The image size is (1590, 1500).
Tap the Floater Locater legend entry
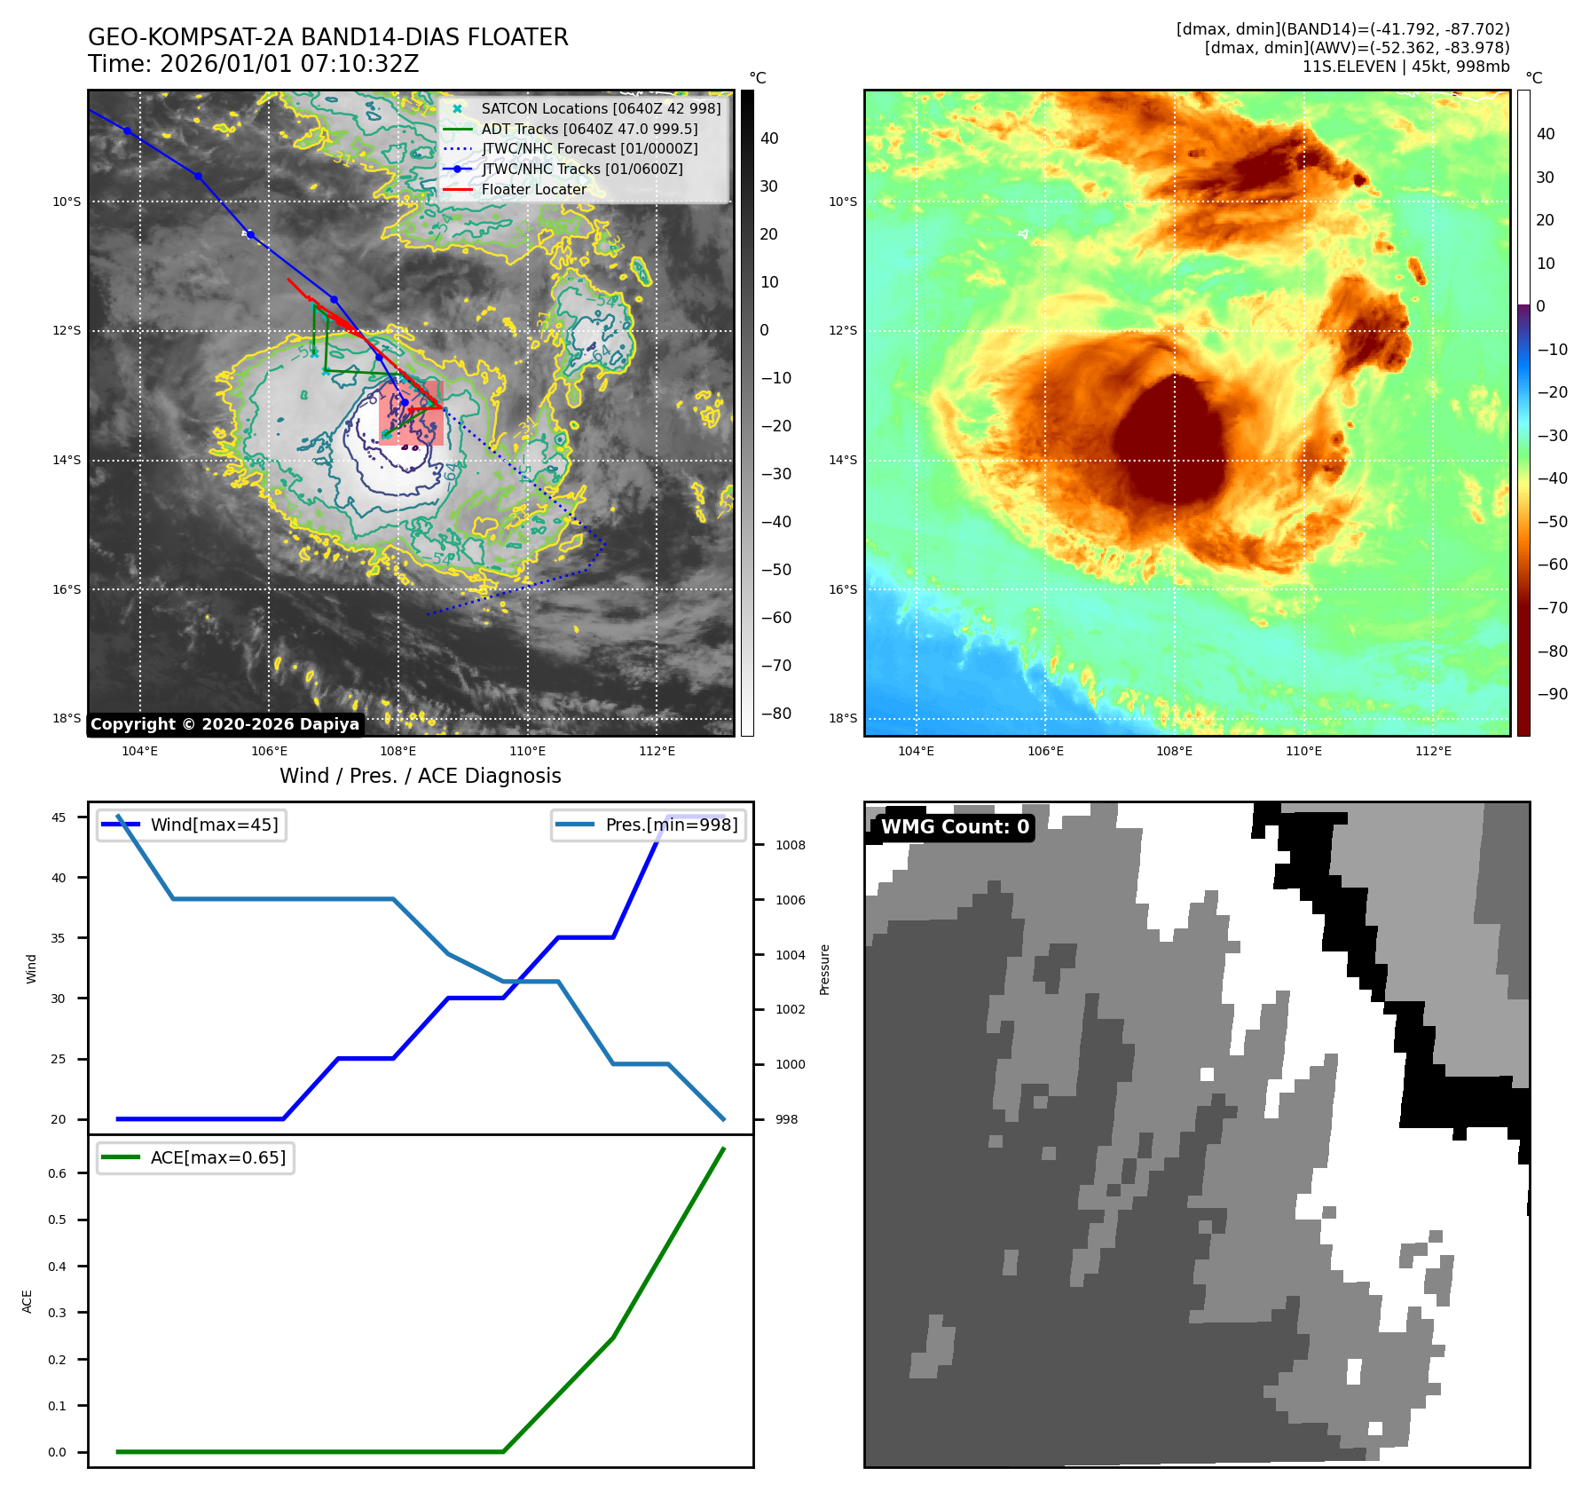(533, 189)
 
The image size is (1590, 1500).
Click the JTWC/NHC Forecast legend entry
(589, 149)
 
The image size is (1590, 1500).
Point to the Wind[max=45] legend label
(214, 825)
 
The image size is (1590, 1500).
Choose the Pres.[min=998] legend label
(672, 825)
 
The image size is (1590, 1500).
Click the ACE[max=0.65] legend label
(218, 1157)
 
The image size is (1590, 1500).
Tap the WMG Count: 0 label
(955, 827)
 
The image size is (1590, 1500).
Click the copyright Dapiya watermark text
(224, 724)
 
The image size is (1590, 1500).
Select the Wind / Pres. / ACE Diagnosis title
(421, 776)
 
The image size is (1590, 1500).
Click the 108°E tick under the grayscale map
(398, 751)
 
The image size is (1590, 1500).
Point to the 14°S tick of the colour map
(843, 460)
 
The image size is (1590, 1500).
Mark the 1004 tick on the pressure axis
(790, 955)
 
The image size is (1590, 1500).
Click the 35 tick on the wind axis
(59, 938)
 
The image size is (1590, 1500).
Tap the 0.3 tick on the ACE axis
(58, 1313)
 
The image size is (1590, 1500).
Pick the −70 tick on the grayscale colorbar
(776, 666)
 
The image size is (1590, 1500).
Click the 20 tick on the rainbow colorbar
(1545, 220)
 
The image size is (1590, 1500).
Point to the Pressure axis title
(824, 969)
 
